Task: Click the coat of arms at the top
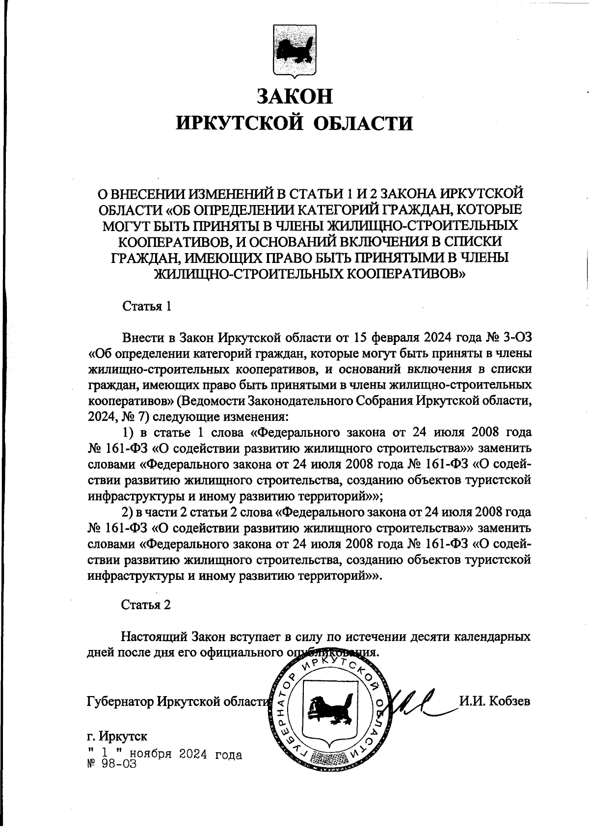294,51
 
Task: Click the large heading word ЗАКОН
294,96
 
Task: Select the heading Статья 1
146,307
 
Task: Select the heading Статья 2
146,604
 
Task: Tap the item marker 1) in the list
128,433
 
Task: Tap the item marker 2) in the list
128,512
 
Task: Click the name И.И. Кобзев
494,700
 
